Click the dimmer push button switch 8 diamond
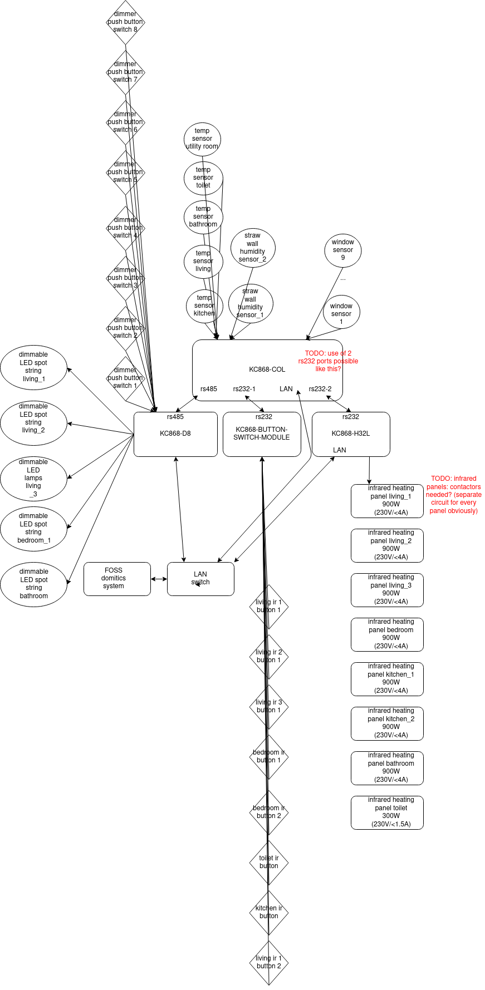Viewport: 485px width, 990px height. point(125,22)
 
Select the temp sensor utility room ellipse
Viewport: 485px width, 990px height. point(202,139)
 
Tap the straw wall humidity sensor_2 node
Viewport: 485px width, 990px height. point(253,248)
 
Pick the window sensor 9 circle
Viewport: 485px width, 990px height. point(343,250)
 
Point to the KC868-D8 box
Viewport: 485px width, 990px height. point(175,434)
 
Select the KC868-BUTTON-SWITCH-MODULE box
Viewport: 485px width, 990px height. point(262,434)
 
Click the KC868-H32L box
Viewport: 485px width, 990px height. point(351,434)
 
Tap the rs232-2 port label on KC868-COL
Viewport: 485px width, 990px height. point(320,389)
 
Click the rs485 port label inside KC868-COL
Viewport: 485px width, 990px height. point(209,389)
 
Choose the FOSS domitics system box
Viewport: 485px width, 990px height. point(117,579)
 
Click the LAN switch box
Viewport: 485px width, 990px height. point(200,579)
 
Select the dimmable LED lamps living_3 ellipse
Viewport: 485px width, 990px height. point(33,479)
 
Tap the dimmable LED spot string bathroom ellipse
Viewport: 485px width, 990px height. point(34,584)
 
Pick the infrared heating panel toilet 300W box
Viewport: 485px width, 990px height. point(387,812)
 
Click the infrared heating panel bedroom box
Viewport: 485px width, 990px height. point(387,634)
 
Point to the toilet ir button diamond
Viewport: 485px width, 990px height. point(269,863)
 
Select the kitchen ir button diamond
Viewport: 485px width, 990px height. point(269,913)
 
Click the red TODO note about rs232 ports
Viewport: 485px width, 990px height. point(328,361)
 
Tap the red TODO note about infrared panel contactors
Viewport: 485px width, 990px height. point(454,495)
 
